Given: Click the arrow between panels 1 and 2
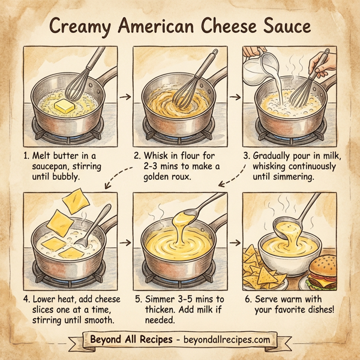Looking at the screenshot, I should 124,95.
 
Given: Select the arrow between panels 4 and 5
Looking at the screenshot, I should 125,243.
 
